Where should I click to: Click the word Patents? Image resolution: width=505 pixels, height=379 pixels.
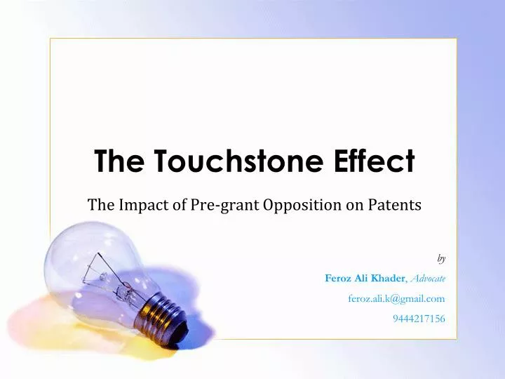point(398,205)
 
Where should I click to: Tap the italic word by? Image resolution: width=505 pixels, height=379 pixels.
point(441,258)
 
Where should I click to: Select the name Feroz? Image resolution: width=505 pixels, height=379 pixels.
point(338,278)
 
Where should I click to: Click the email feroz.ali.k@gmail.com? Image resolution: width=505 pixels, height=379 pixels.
point(396,298)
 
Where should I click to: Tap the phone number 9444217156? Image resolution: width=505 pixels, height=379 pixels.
point(419,319)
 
